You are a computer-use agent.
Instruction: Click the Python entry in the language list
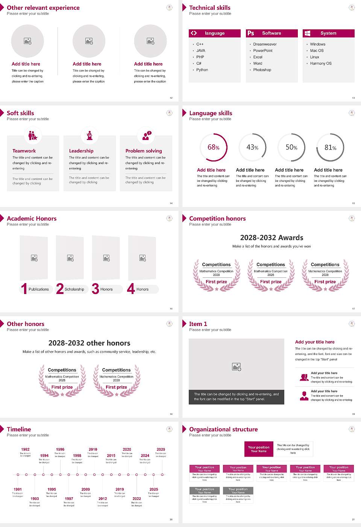pyautogui.click(x=202, y=70)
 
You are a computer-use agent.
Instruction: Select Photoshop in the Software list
pyautogui.click(x=262, y=70)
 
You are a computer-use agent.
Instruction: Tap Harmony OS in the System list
pyautogui.click(x=321, y=64)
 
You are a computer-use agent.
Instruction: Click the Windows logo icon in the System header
pyautogui.click(x=307, y=33)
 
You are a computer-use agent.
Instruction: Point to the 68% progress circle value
pyautogui.click(x=213, y=148)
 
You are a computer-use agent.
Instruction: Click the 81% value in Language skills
pyautogui.click(x=330, y=148)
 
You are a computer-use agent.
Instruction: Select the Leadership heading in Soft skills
pyautogui.click(x=81, y=151)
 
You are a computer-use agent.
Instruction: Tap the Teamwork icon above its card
pyautogui.click(x=33, y=135)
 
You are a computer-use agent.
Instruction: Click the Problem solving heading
pyautogui.click(x=144, y=151)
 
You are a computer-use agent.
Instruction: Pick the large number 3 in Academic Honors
pyautogui.click(x=96, y=289)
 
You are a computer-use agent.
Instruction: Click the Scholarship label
pyautogui.click(x=74, y=289)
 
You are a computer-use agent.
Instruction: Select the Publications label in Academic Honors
pyautogui.click(x=39, y=289)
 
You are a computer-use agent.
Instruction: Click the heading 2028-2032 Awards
pyautogui.click(x=272, y=238)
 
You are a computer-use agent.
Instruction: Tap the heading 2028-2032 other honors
pyautogui.click(x=89, y=343)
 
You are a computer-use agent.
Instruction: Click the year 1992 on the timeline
pyautogui.click(x=25, y=449)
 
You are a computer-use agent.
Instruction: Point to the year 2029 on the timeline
pyautogui.click(x=161, y=449)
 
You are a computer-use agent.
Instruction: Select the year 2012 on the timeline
pyautogui.click(x=103, y=498)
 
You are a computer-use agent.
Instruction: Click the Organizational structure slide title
pyautogui.click(x=223, y=429)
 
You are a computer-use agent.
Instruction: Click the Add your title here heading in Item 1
pyautogui.click(x=315, y=342)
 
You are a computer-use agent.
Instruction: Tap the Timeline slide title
pyautogui.click(x=19, y=429)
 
